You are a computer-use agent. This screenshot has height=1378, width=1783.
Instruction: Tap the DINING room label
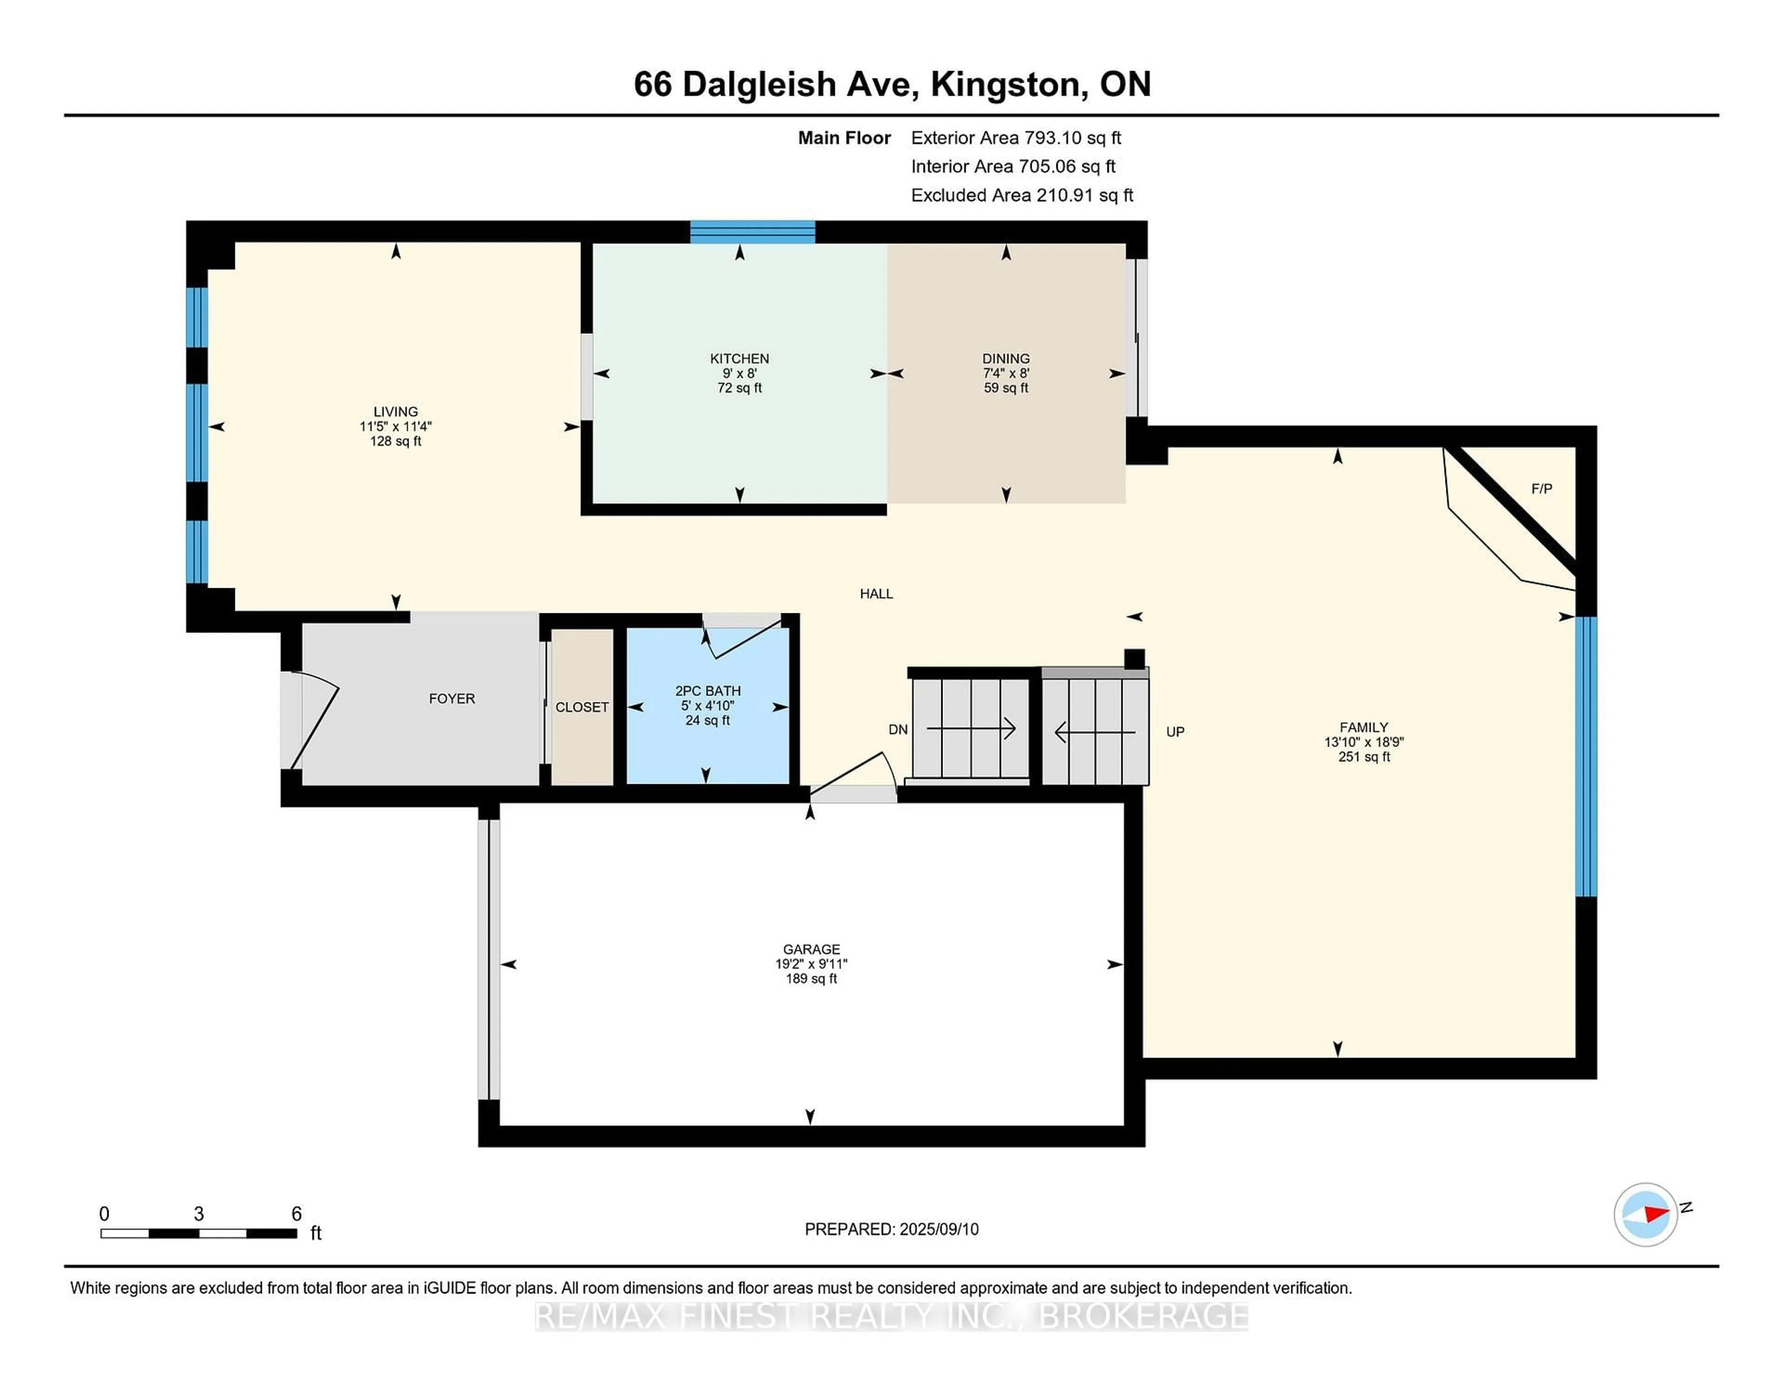(1006, 358)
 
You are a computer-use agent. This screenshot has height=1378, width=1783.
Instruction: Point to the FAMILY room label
(1363, 727)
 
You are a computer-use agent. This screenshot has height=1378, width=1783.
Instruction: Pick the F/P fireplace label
(1542, 488)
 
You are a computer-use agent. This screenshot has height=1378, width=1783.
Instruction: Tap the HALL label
(876, 593)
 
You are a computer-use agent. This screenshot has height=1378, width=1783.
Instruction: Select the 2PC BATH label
(707, 691)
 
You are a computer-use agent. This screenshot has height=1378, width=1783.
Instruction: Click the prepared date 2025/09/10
(938, 1228)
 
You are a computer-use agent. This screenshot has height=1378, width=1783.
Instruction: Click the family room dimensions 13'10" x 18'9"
(1363, 742)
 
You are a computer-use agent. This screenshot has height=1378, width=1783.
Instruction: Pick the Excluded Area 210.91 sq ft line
(1022, 195)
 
